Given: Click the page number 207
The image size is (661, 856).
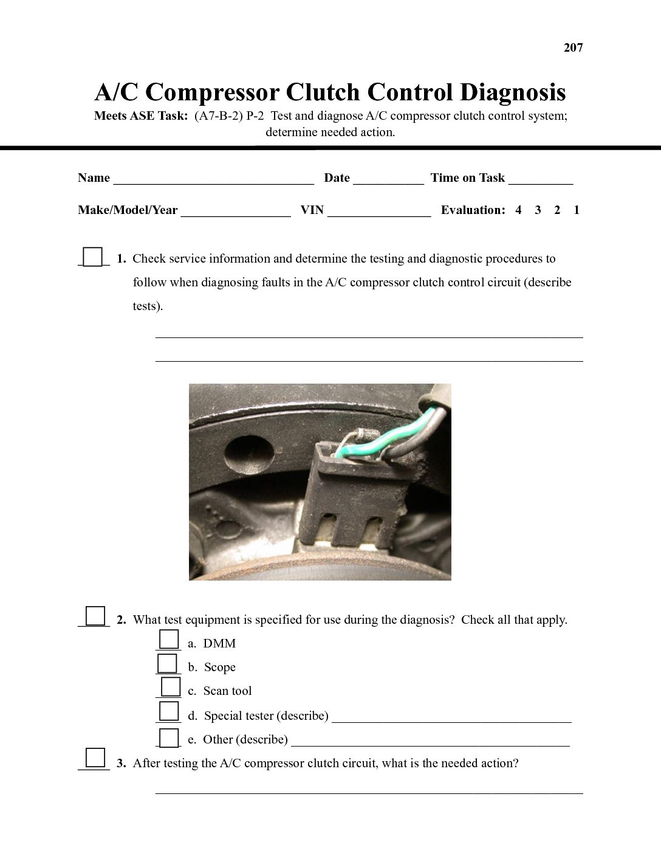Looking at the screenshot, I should pyautogui.click(x=573, y=47).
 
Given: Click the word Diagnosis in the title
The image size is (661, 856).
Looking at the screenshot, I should pyautogui.click(x=512, y=92).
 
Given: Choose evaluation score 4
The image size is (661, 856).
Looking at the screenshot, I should pyautogui.click(x=518, y=210).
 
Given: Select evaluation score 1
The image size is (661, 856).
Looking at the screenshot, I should pyautogui.click(x=577, y=210).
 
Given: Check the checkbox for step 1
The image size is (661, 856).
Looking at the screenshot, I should pyautogui.click(x=92, y=257).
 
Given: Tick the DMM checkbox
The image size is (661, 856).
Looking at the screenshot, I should pyautogui.click(x=169, y=640).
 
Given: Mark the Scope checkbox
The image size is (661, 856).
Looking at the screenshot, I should pyautogui.click(x=168, y=663).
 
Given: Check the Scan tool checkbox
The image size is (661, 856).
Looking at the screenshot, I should pyautogui.click(x=170, y=687).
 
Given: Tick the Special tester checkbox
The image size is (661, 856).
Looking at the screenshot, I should pyautogui.click(x=169, y=711).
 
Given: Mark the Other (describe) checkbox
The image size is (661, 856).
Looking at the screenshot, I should pyautogui.click(x=170, y=737).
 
